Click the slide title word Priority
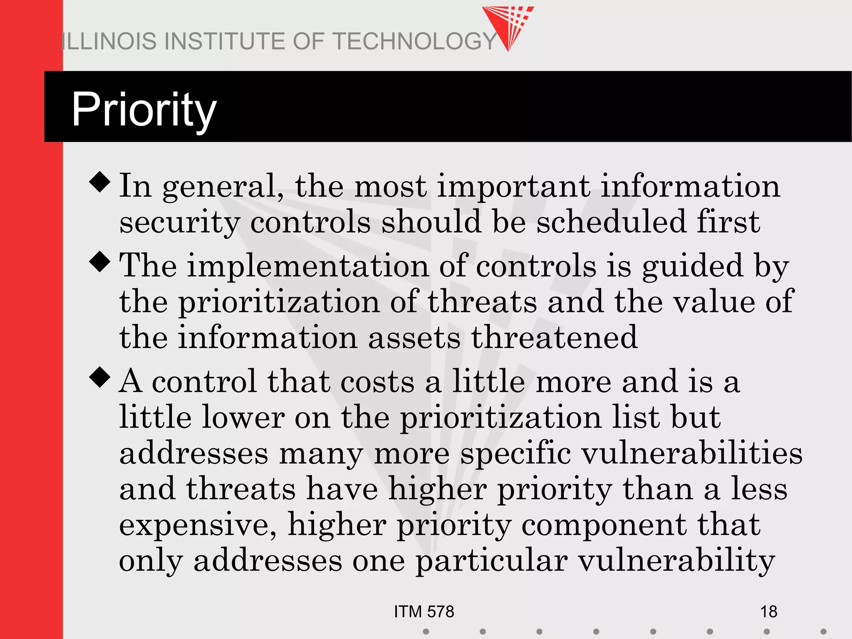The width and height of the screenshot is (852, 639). tap(144, 110)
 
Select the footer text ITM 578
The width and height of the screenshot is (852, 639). tap(424, 612)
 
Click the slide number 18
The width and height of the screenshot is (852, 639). tap(768, 612)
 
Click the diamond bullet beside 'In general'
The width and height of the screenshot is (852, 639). tap(100, 182)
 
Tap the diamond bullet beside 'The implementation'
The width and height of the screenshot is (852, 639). tap(100, 262)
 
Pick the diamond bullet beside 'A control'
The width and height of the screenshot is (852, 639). tap(100, 377)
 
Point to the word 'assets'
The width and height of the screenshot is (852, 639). tap(414, 337)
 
